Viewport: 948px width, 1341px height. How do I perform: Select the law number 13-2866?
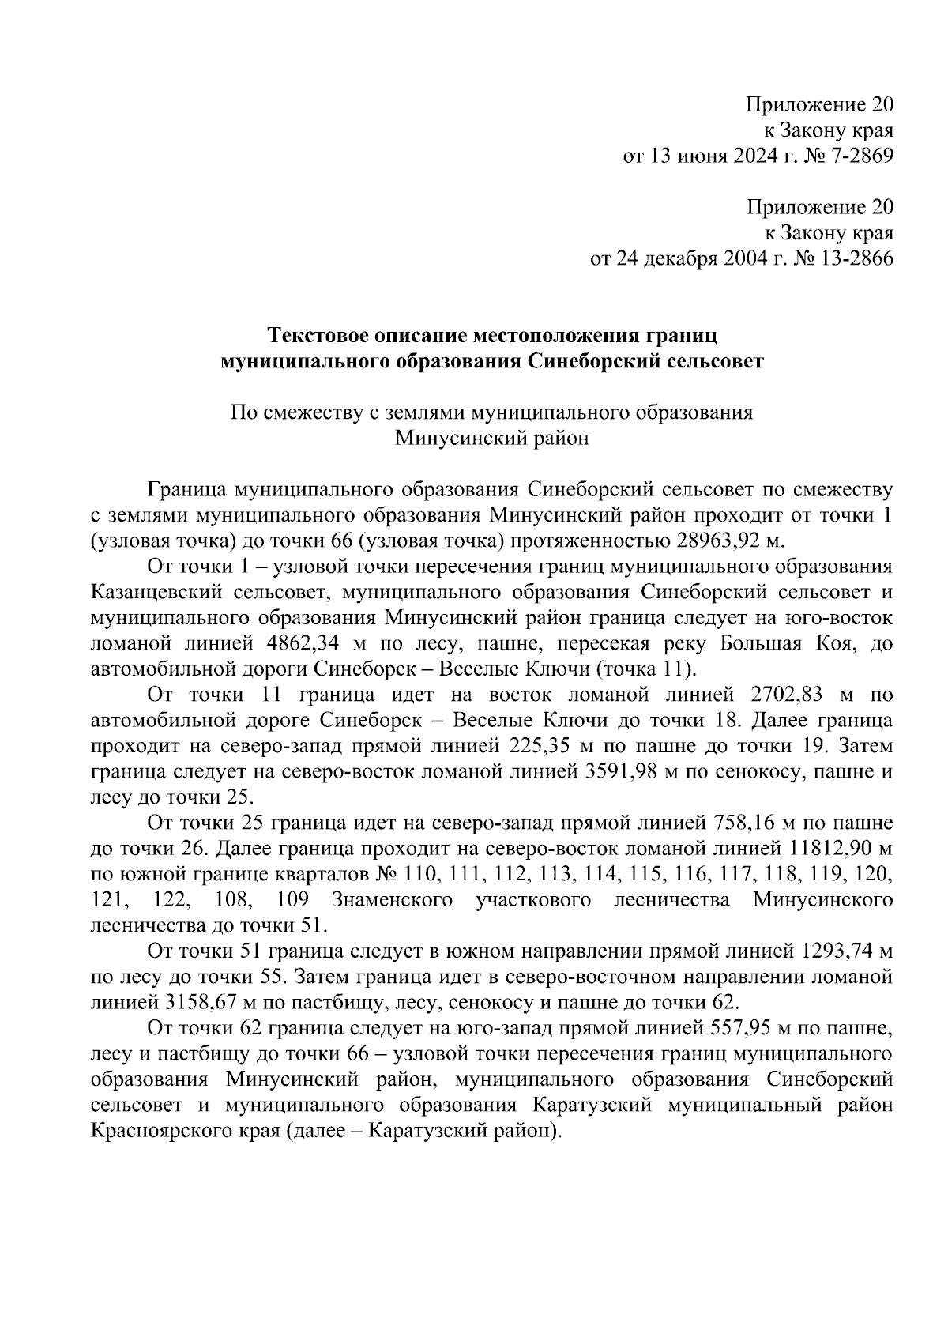click(853, 259)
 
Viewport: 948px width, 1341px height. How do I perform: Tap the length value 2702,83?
click(784, 695)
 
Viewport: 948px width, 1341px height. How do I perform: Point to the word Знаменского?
click(392, 900)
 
